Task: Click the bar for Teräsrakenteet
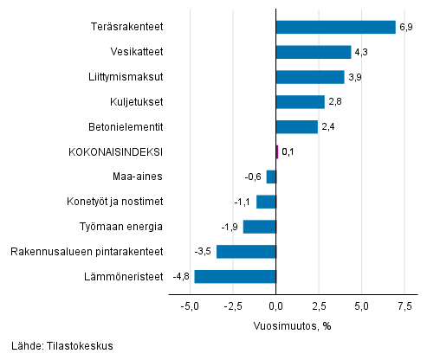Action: point(335,27)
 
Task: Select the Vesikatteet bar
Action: point(313,52)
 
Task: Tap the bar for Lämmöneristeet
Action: point(235,277)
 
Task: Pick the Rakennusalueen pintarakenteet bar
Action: point(246,252)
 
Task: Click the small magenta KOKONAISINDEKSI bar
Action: point(277,151)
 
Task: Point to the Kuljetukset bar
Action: point(300,102)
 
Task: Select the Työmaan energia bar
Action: point(259,227)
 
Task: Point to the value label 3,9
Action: point(355,77)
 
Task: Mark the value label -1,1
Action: point(243,202)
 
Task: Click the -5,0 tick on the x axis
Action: point(188,306)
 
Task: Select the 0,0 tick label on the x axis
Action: point(276,306)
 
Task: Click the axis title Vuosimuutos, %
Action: point(292,325)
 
